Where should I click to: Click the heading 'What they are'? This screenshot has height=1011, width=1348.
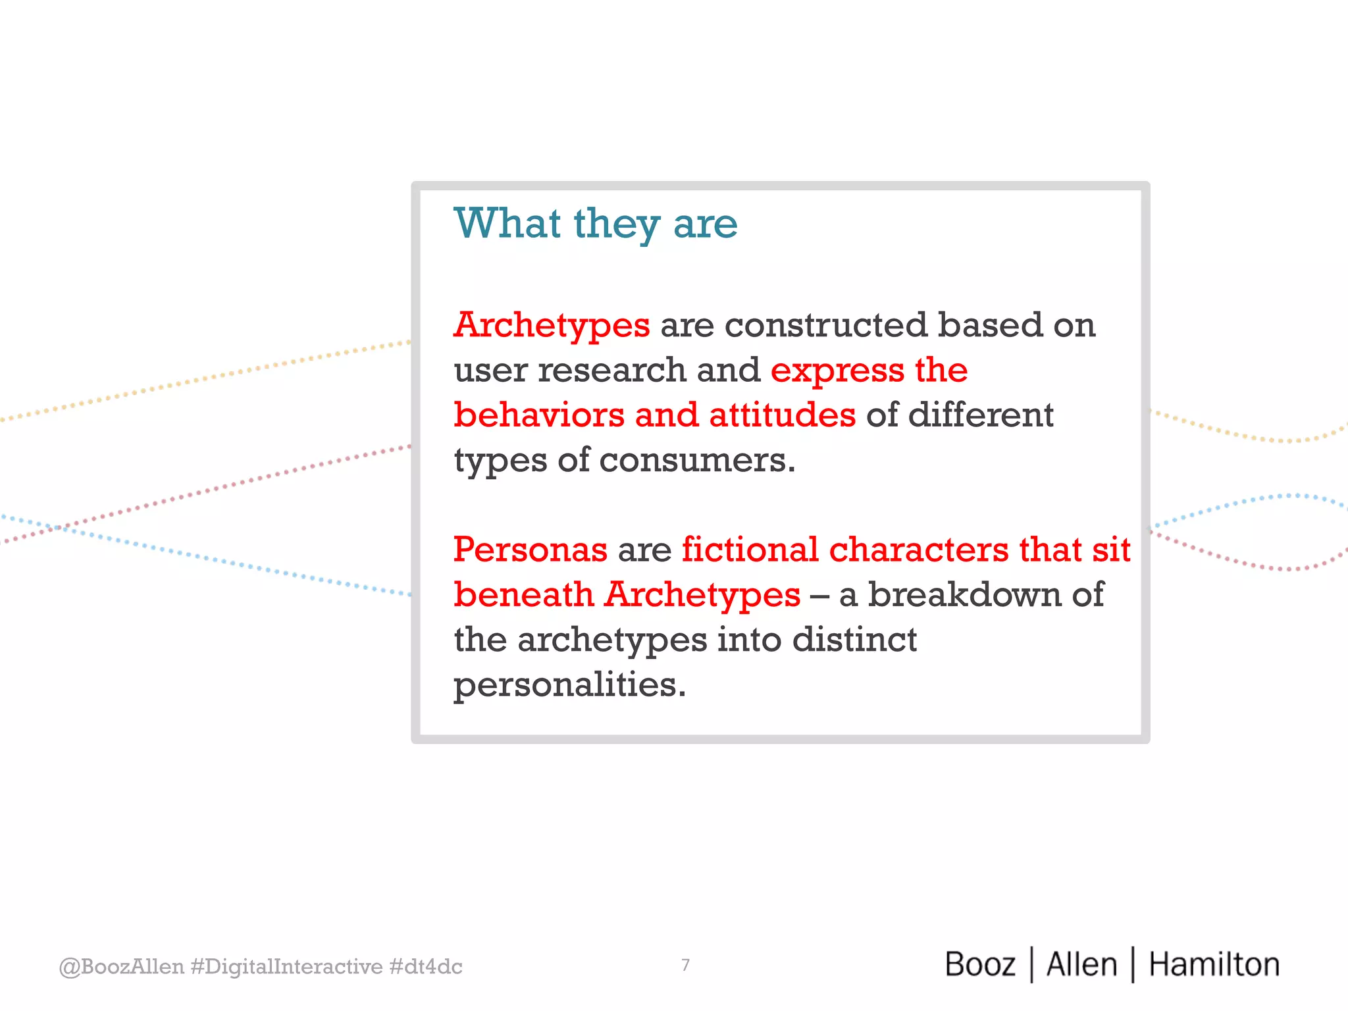596,224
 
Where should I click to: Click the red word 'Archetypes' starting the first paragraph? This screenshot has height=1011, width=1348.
552,326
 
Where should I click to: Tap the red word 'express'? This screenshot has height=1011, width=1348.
837,371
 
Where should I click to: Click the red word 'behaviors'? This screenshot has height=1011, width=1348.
539,415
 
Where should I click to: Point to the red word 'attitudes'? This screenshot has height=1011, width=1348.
782,415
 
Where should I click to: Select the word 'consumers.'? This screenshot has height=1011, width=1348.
697,460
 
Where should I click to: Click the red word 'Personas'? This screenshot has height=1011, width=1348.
531,550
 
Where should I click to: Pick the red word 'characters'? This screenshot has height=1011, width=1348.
918,550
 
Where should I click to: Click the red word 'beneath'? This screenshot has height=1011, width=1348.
524,595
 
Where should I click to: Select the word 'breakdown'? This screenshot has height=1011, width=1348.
964,595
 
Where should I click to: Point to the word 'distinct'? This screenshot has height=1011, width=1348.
854,640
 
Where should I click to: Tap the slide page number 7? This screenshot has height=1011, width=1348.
685,965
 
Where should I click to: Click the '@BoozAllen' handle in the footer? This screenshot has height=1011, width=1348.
121,967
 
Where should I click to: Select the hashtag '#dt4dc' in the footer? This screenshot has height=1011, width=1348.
425,967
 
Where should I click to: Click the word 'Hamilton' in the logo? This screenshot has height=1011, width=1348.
1214,965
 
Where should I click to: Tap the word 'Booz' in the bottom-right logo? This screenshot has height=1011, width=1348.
980,965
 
